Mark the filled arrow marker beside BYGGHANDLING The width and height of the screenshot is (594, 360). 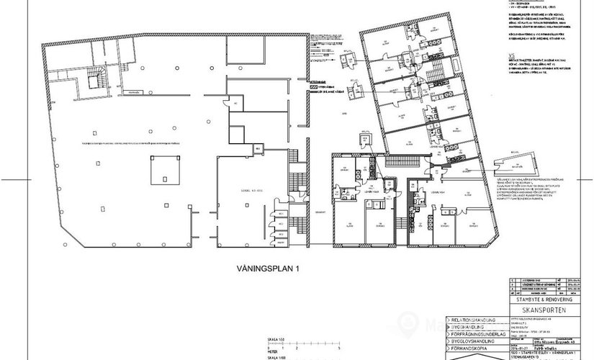click(448, 326)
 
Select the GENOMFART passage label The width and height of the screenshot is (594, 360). click(320, 213)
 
